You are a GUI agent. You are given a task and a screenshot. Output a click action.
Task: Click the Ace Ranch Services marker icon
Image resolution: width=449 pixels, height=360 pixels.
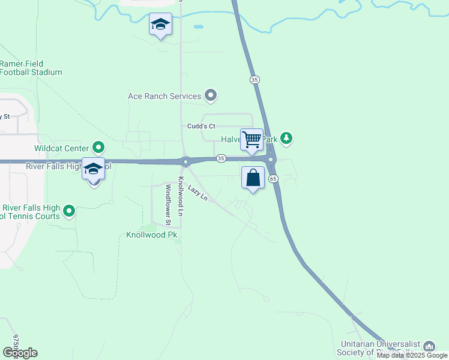click(211, 95)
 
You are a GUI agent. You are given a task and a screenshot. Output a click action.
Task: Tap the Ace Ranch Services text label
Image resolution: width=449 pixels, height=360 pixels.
click(164, 96)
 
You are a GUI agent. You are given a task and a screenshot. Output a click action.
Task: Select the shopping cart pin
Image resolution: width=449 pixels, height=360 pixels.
click(252, 140)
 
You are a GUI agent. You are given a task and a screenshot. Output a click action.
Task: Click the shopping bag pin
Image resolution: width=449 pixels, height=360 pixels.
click(253, 178)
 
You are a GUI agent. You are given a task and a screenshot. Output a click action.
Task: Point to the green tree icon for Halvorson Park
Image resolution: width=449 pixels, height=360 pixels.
click(287, 139)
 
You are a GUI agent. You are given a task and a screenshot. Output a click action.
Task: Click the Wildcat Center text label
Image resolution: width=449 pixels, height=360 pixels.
click(62, 147)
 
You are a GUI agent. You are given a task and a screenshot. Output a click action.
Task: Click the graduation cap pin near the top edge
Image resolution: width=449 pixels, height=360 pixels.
click(160, 25)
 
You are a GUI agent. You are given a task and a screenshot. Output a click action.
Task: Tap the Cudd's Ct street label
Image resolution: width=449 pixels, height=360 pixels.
click(201, 126)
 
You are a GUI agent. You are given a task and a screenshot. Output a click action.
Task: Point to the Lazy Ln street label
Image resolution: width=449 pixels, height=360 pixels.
click(197, 193)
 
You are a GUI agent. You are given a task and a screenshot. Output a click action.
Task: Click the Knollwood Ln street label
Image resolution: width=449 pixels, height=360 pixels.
click(179, 196)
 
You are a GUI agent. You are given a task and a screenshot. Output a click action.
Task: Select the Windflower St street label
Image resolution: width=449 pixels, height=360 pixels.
click(168, 204)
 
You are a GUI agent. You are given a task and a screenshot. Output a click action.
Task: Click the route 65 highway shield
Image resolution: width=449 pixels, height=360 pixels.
click(273, 179)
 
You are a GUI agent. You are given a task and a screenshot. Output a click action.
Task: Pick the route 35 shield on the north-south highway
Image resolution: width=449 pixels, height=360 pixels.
click(255, 79)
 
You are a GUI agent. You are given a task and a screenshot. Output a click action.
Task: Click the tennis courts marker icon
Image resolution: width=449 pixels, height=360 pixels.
click(69, 211)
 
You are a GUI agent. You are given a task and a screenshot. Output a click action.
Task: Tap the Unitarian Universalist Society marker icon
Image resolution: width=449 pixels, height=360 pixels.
click(429, 346)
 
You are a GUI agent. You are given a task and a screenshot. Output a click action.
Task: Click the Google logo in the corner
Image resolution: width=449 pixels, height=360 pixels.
click(20, 353)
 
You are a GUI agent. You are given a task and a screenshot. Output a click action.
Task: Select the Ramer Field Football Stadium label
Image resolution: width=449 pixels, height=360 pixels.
click(30, 68)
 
